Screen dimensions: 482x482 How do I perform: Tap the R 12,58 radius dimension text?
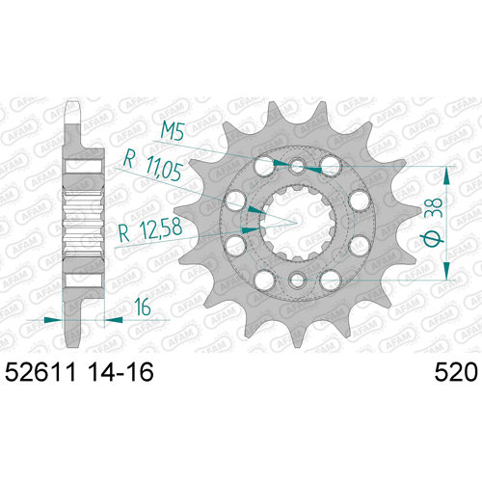pos(150,229)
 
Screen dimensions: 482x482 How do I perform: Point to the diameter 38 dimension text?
pos(433,222)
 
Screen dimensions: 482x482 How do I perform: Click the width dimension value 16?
pos(143,307)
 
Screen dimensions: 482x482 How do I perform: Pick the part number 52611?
pos(41,372)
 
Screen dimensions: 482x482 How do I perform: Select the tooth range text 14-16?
pos(121,372)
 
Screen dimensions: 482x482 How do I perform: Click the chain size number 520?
pos(456,372)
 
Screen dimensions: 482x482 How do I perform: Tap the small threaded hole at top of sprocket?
pos(297,167)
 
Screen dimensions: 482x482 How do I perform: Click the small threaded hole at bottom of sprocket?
pos(297,279)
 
